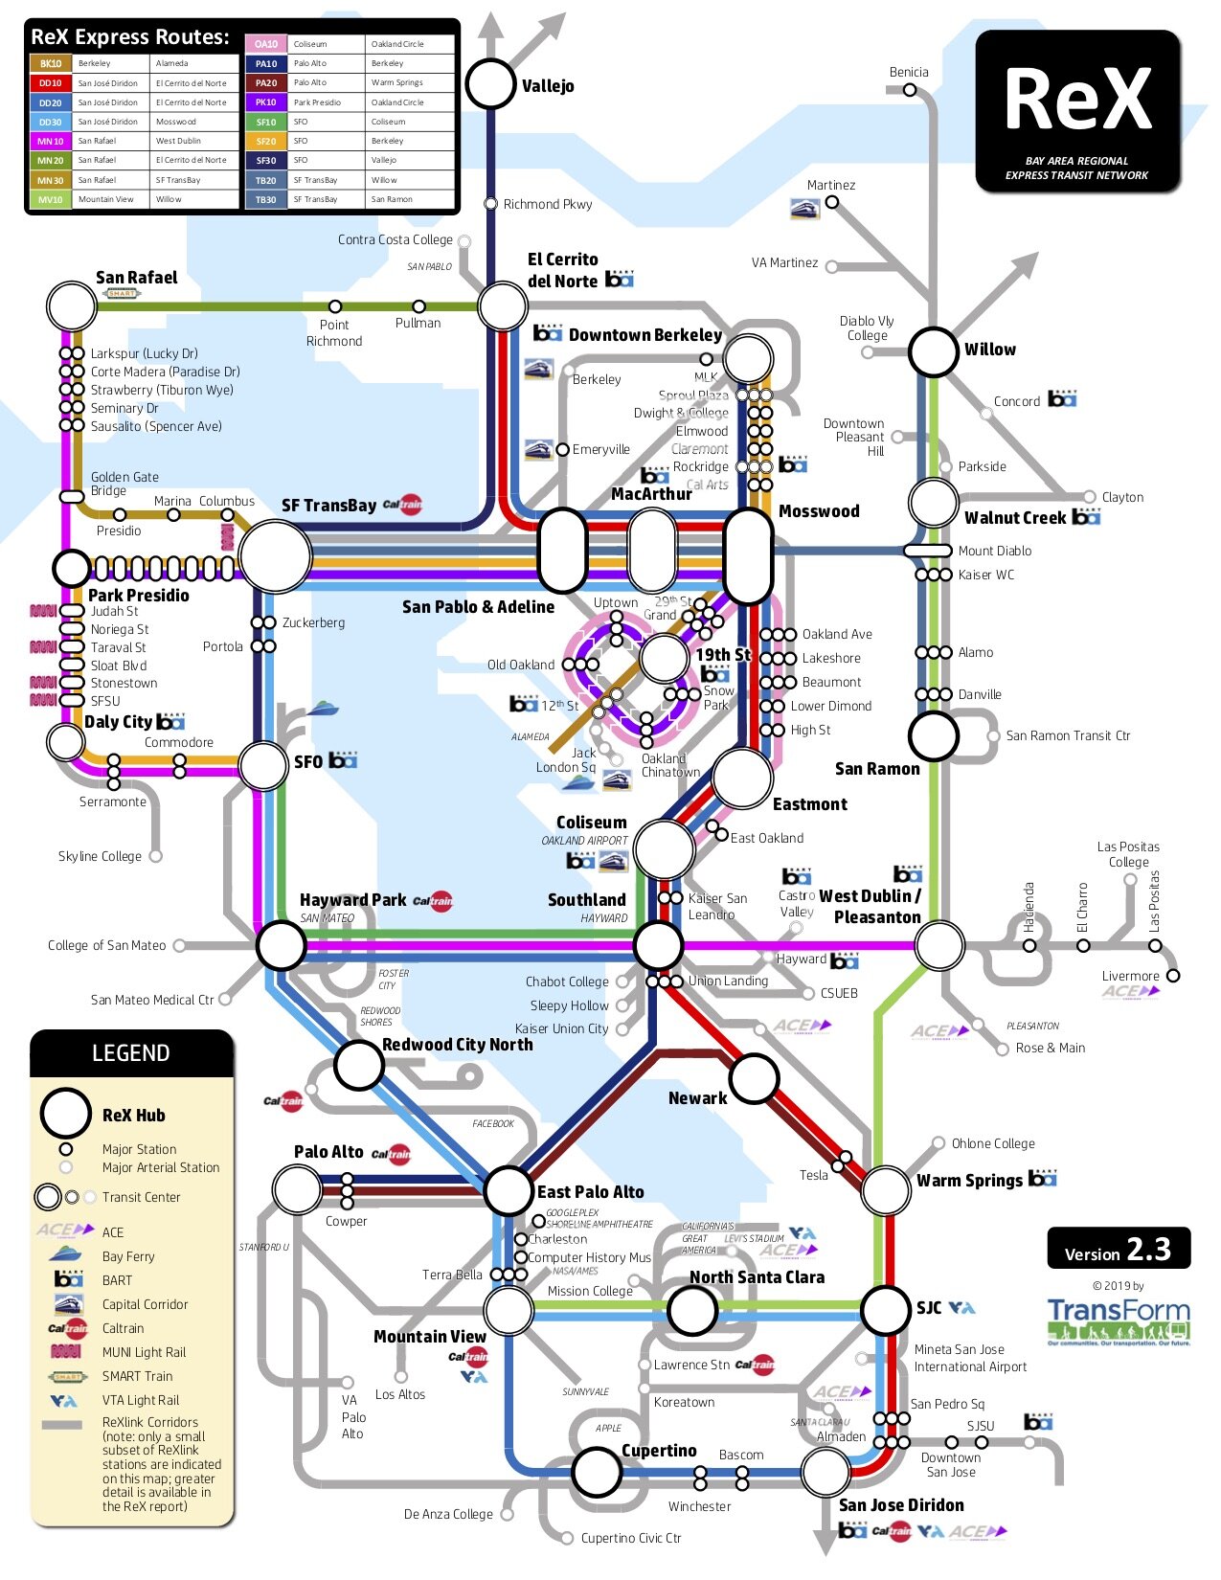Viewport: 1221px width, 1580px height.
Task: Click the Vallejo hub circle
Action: (x=490, y=83)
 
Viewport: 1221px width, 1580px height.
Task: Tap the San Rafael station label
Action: (x=136, y=278)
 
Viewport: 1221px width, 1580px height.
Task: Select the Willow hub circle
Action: (x=933, y=351)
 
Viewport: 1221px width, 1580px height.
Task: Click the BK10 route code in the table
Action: (x=51, y=64)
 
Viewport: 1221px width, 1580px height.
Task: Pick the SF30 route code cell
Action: (x=266, y=161)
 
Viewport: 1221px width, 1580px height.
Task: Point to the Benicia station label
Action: (x=908, y=72)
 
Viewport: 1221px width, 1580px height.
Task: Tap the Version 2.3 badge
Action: (x=1118, y=1250)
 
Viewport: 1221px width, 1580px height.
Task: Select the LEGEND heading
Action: (x=131, y=1053)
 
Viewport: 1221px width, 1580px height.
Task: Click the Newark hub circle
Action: (x=754, y=1078)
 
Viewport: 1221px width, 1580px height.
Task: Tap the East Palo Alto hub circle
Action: (x=508, y=1191)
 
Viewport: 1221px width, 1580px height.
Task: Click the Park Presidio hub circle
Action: (x=71, y=568)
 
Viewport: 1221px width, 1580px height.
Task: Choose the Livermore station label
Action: (x=1130, y=976)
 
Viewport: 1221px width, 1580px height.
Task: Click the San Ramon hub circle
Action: (x=933, y=736)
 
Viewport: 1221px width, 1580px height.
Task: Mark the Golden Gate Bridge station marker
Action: (x=71, y=496)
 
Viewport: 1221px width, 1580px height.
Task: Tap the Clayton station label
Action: (x=1122, y=497)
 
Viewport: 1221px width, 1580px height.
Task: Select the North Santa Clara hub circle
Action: (x=691, y=1310)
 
